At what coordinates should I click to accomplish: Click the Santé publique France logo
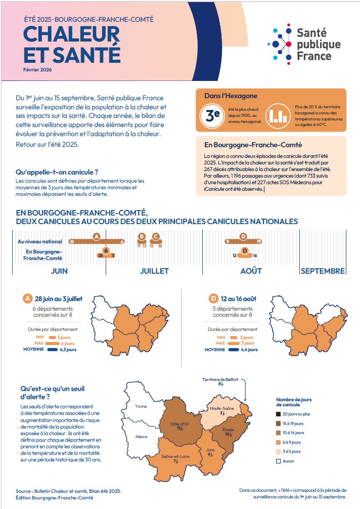click(304, 44)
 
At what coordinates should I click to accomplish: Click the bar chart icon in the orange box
click(276, 114)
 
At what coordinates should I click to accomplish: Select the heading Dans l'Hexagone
click(224, 96)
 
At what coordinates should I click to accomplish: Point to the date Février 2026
click(37, 69)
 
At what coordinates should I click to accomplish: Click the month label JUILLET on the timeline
click(154, 271)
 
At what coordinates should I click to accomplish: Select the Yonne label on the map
click(141, 406)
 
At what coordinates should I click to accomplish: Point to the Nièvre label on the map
click(142, 437)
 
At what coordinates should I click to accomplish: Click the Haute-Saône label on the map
click(222, 408)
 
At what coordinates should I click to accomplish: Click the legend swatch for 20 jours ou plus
click(278, 414)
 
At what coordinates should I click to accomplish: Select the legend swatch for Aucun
click(278, 461)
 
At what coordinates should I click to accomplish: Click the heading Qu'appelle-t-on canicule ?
click(57, 172)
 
